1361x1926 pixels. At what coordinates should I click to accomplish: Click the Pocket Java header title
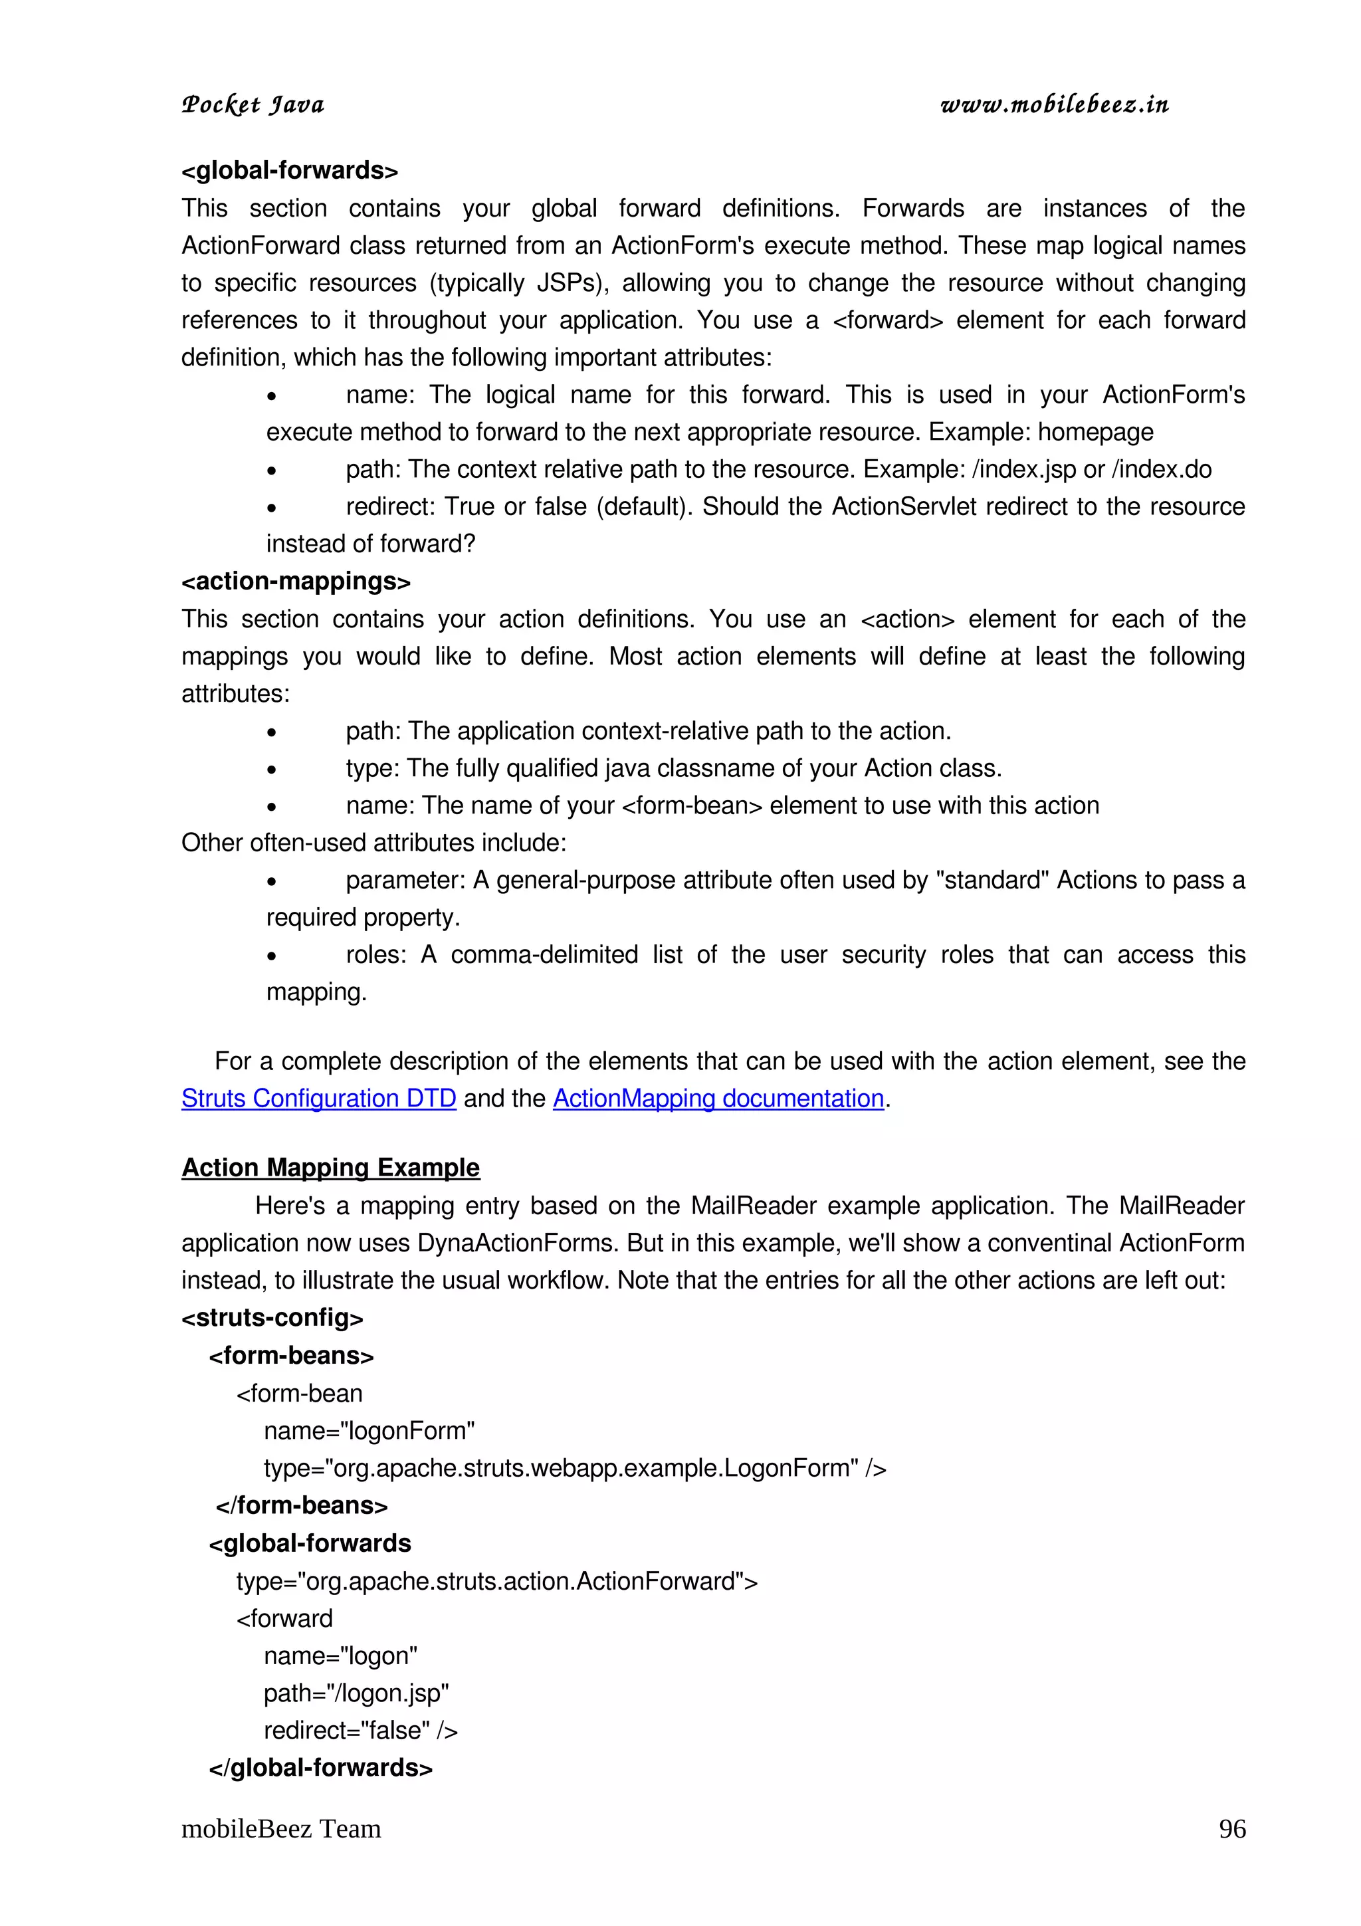[253, 105]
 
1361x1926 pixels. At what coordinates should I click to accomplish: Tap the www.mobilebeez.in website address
[1054, 105]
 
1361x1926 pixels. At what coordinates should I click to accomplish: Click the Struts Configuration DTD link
[319, 1098]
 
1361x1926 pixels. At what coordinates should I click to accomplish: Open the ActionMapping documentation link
[718, 1098]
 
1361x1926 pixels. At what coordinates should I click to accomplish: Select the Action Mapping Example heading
[330, 1168]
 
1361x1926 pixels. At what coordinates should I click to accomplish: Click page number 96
[1231, 1829]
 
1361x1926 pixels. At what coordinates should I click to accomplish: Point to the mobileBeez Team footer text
[281, 1829]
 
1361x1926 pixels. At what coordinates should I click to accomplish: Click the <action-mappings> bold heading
[296, 582]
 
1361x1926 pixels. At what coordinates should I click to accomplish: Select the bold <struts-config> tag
[272, 1318]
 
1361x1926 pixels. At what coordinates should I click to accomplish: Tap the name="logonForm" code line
[369, 1430]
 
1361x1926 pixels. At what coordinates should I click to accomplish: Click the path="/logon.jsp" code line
[356, 1693]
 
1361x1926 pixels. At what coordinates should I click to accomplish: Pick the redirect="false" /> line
[361, 1730]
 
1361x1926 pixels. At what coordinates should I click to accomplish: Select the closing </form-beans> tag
[302, 1506]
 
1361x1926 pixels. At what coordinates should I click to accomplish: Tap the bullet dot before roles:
[272, 956]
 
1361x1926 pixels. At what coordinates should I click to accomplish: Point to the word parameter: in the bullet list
[405, 880]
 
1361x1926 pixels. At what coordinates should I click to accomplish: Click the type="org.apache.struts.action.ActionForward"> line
[496, 1581]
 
